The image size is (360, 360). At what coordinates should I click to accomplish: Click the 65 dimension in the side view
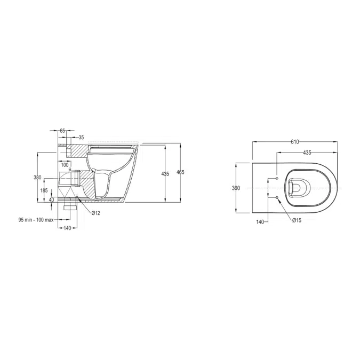[62, 130]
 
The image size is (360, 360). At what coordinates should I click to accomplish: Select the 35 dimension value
[81, 137]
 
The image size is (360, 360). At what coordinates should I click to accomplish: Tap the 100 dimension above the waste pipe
[65, 165]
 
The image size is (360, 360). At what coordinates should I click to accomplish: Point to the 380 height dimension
[37, 177]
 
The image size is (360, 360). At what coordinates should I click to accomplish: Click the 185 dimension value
[44, 190]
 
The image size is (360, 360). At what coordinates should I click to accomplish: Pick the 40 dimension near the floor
[51, 200]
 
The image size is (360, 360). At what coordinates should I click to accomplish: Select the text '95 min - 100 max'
[36, 219]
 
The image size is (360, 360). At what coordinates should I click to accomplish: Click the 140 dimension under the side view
[68, 228]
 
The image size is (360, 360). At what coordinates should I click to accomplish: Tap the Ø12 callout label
[96, 213]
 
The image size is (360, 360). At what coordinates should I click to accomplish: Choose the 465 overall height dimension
[180, 172]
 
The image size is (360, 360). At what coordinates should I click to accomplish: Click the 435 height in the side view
[165, 174]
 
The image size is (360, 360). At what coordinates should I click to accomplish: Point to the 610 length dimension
[294, 142]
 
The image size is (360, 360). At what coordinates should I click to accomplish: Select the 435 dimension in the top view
[307, 153]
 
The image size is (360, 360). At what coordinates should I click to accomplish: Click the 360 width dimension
[236, 188]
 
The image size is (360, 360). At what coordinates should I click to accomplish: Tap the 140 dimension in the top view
[260, 221]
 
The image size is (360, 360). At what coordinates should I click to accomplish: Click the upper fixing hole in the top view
[277, 178]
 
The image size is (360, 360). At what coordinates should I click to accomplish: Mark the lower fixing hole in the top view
[277, 198]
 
